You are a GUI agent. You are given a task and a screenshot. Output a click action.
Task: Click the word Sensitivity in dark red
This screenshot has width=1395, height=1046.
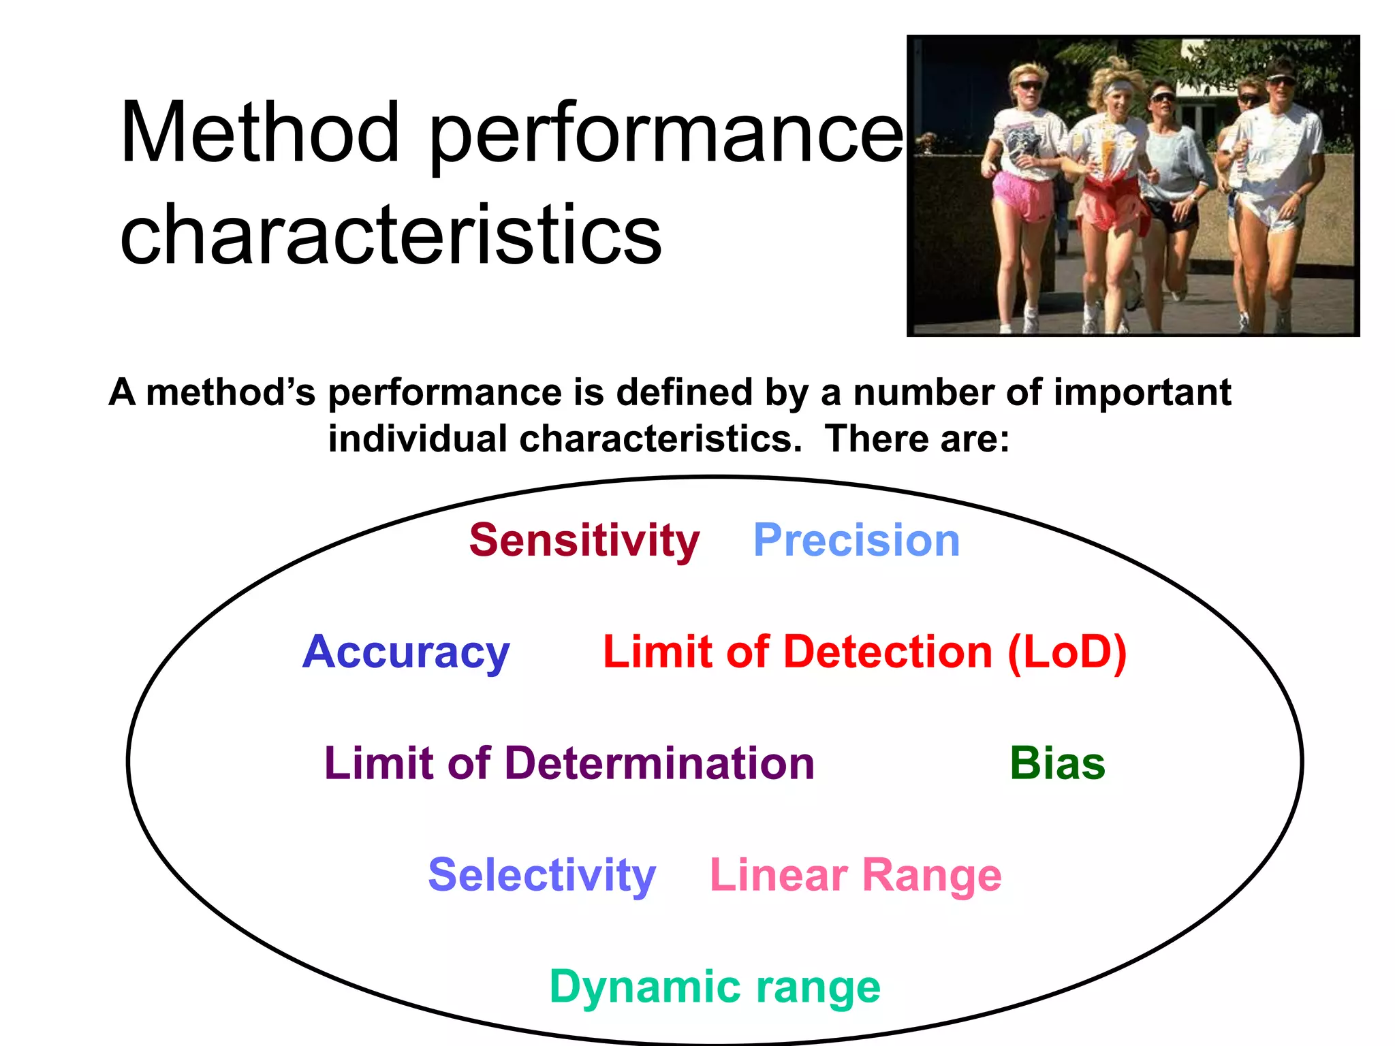click(x=584, y=541)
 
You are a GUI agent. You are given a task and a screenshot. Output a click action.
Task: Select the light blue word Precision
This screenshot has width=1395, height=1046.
click(x=856, y=541)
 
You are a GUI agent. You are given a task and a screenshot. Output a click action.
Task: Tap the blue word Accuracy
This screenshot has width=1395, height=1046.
click(x=406, y=652)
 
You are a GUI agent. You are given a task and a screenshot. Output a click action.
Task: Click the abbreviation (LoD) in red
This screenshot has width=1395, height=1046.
click(x=1067, y=652)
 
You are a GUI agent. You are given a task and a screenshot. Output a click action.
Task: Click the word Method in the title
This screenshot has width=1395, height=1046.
click(x=260, y=133)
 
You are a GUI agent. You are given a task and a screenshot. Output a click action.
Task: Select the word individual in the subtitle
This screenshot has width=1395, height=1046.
click(x=417, y=438)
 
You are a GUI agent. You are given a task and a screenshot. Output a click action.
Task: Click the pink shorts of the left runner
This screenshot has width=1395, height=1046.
click(x=1019, y=195)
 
